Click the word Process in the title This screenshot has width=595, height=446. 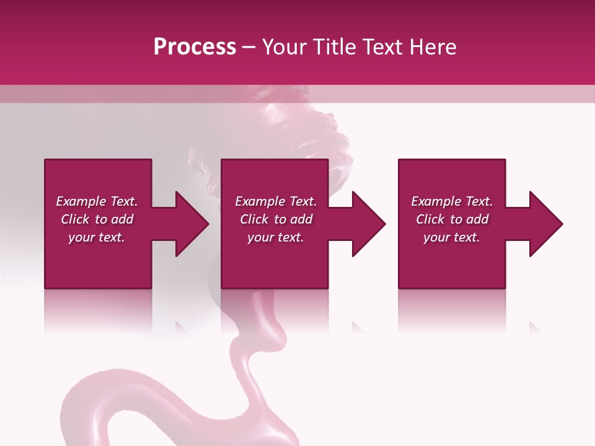click(x=195, y=47)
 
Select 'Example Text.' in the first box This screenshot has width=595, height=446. click(x=97, y=201)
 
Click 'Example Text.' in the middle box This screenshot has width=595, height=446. click(x=276, y=201)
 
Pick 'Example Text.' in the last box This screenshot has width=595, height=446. click(x=452, y=201)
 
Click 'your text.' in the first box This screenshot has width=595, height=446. click(x=97, y=237)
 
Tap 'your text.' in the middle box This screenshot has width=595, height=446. click(x=276, y=237)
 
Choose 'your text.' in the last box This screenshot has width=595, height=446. click(x=452, y=237)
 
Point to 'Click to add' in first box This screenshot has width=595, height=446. click(x=97, y=219)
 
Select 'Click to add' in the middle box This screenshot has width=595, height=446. click(x=276, y=219)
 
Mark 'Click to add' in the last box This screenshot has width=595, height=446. click(x=452, y=219)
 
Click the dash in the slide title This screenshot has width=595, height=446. click(x=249, y=48)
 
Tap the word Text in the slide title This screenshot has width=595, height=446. click(x=379, y=47)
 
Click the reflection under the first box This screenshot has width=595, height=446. click(x=98, y=310)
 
